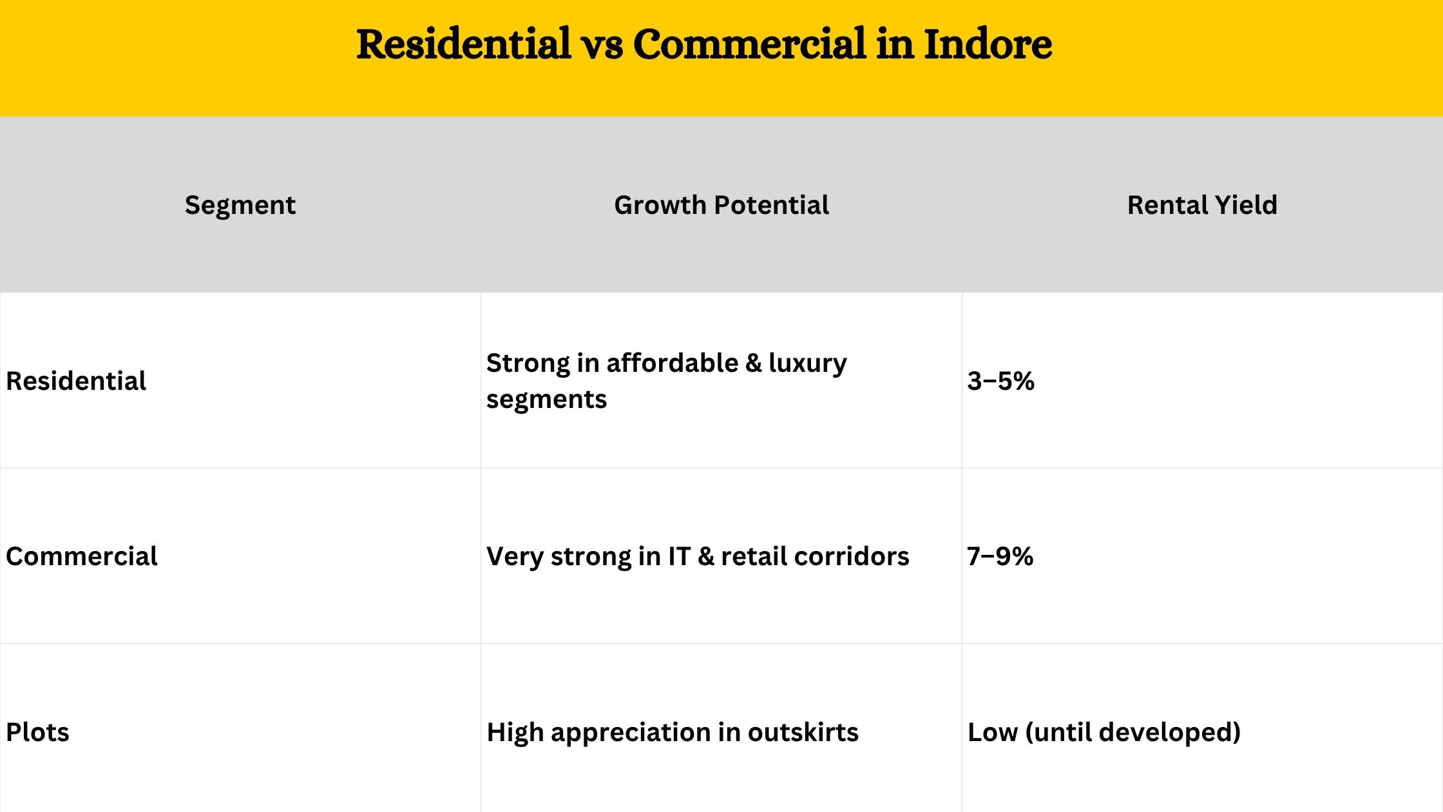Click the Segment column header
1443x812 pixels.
[240, 206]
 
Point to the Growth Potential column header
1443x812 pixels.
[721, 205]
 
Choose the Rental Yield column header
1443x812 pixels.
[1202, 205]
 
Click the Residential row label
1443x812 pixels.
[76, 381]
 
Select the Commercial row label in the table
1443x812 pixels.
[81, 556]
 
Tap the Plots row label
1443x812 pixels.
[37, 732]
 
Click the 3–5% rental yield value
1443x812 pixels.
[1000, 381]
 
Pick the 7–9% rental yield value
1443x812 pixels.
[1000, 556]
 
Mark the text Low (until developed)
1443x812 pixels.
[1104, 732]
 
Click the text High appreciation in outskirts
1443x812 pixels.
[673, 733]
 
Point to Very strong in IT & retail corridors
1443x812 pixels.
[698, 557]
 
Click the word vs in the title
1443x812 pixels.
[602, 46]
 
